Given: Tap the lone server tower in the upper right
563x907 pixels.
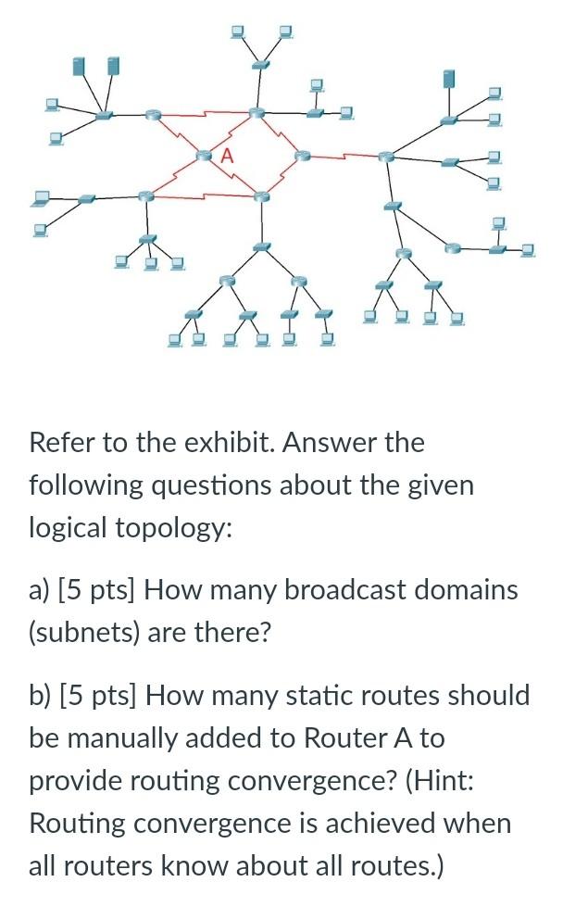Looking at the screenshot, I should (x=450, y=78).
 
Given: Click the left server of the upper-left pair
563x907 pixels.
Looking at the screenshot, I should (x=80, y=67).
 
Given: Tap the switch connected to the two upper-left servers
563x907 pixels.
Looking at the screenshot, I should (x=104, y=116).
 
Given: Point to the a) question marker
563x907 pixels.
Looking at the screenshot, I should (x=40, y=590).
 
